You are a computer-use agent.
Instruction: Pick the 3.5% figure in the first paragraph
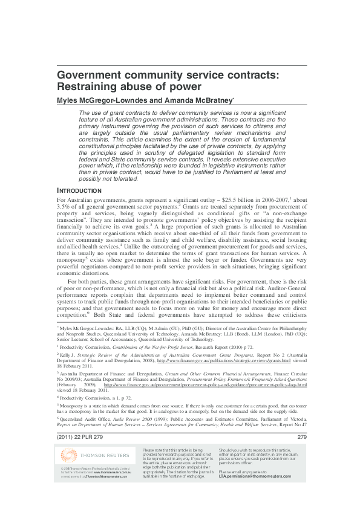pos(64,207)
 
